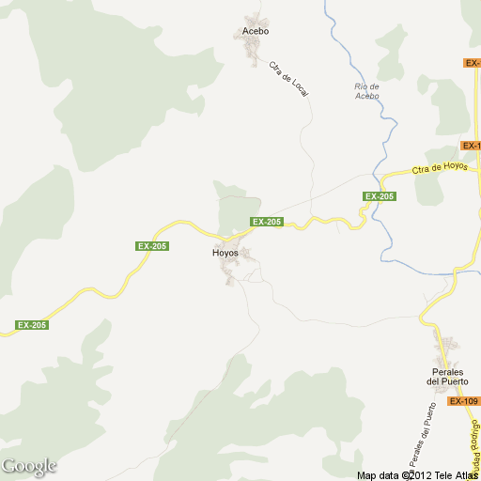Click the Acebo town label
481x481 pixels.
point(256,31)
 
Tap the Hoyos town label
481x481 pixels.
point(225,254)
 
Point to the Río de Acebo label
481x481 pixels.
point(366,91)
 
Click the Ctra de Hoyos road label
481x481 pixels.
point(440,168)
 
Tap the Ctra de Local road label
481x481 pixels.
point(288,79)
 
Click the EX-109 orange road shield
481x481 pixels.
point(463,401)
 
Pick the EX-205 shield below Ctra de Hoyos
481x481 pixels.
point(380,196)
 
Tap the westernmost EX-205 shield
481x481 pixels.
point(32,325)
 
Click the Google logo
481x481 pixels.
point(29,466)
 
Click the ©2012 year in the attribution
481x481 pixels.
point(417,474)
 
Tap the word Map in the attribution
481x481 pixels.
point(367,474)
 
